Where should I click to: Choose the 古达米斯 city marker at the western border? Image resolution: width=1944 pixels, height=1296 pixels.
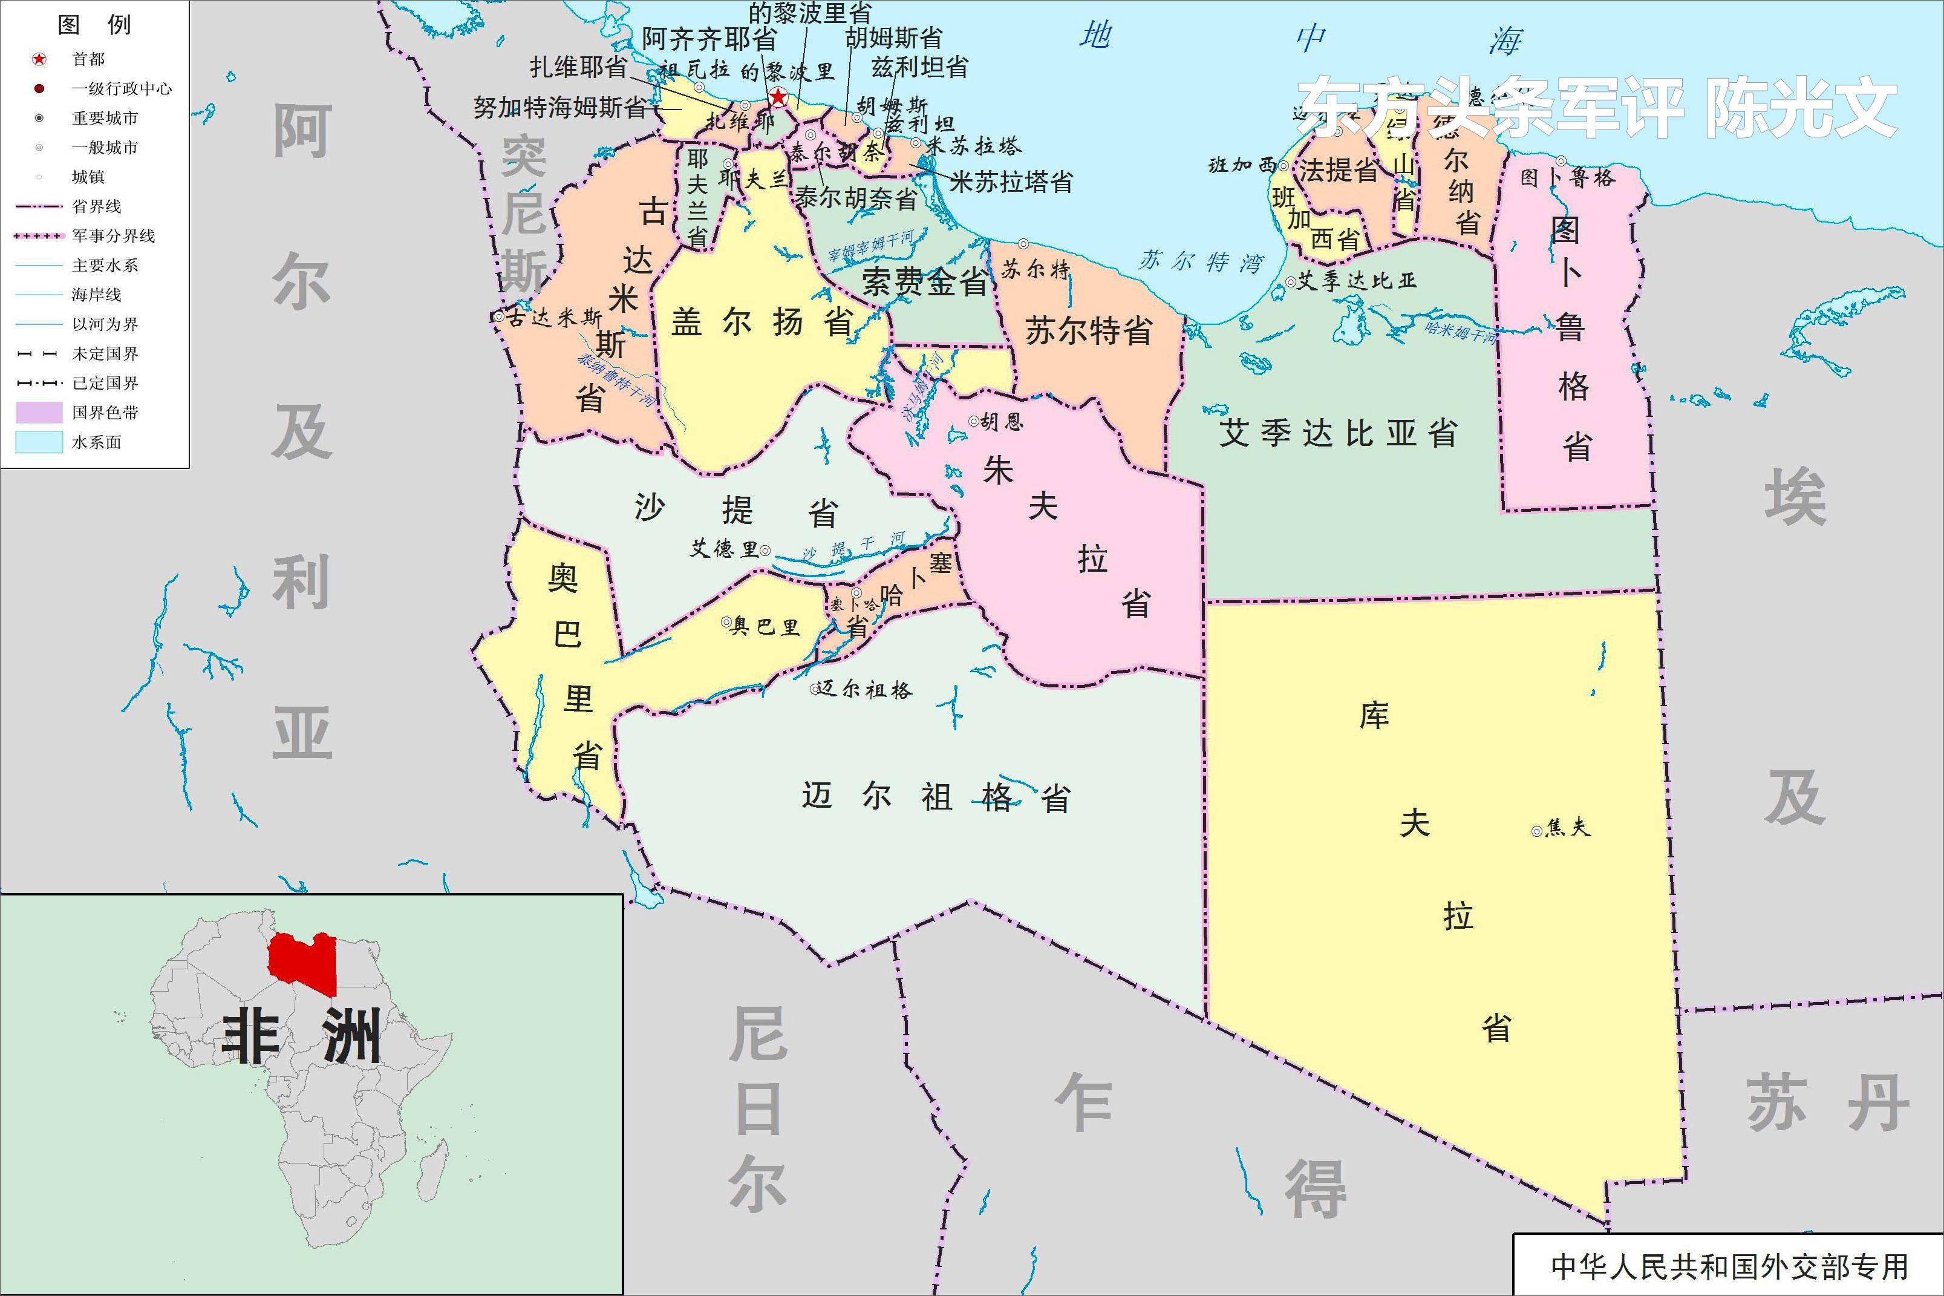[x=499, y=316]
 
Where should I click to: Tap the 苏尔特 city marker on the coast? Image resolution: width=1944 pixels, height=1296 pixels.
[x=1023, y=244]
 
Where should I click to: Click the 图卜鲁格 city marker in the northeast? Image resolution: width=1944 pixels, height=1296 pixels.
[x=1561, y=161]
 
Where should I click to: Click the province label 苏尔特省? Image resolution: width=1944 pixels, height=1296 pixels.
[x=1089, y=330]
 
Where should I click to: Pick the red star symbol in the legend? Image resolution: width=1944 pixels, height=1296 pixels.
[x=39, y=59]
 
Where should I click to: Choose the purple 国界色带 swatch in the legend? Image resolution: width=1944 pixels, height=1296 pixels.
[x=39, y=413]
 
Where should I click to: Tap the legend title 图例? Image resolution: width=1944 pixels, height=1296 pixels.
[x=94, y=25]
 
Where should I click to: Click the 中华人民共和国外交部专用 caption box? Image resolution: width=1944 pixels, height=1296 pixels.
[x=1728, y=1267]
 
